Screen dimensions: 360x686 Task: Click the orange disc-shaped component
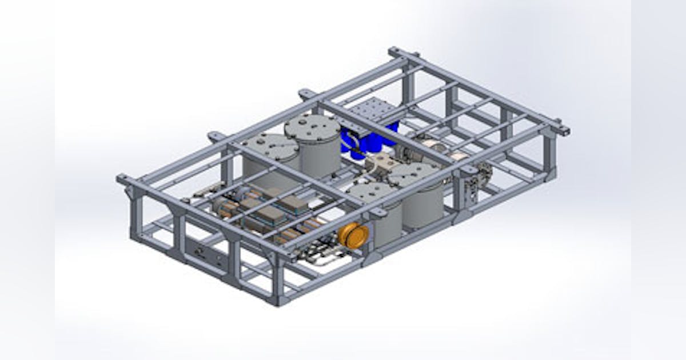(353, 235)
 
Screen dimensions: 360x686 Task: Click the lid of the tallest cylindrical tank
(312, 127)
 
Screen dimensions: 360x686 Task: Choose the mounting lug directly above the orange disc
(378, 213)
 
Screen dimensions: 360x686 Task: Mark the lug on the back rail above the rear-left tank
(216, 137)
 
